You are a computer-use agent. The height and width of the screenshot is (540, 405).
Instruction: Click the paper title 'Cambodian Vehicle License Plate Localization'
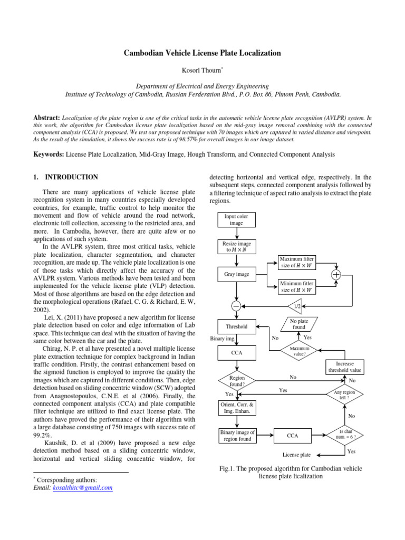coord(202,53)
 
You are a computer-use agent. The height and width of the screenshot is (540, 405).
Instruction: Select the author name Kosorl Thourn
coord(202,70)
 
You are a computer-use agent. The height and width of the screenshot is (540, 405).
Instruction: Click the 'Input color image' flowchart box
coord(233,219)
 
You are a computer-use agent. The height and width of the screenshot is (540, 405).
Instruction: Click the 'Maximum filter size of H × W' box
coord(297,262)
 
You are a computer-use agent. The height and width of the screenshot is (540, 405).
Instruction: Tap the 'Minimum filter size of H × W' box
coord(297,286)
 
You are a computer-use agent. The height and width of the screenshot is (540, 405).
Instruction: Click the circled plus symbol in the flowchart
coord(336,274)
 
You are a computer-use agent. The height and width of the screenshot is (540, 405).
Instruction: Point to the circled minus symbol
coord(236,306)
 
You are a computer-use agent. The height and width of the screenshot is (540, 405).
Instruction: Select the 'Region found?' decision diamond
coord(237,381)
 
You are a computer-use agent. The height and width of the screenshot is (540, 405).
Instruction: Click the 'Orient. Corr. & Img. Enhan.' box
coord(237,408)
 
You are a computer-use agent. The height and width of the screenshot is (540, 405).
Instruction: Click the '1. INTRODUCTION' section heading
coord(66,177)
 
